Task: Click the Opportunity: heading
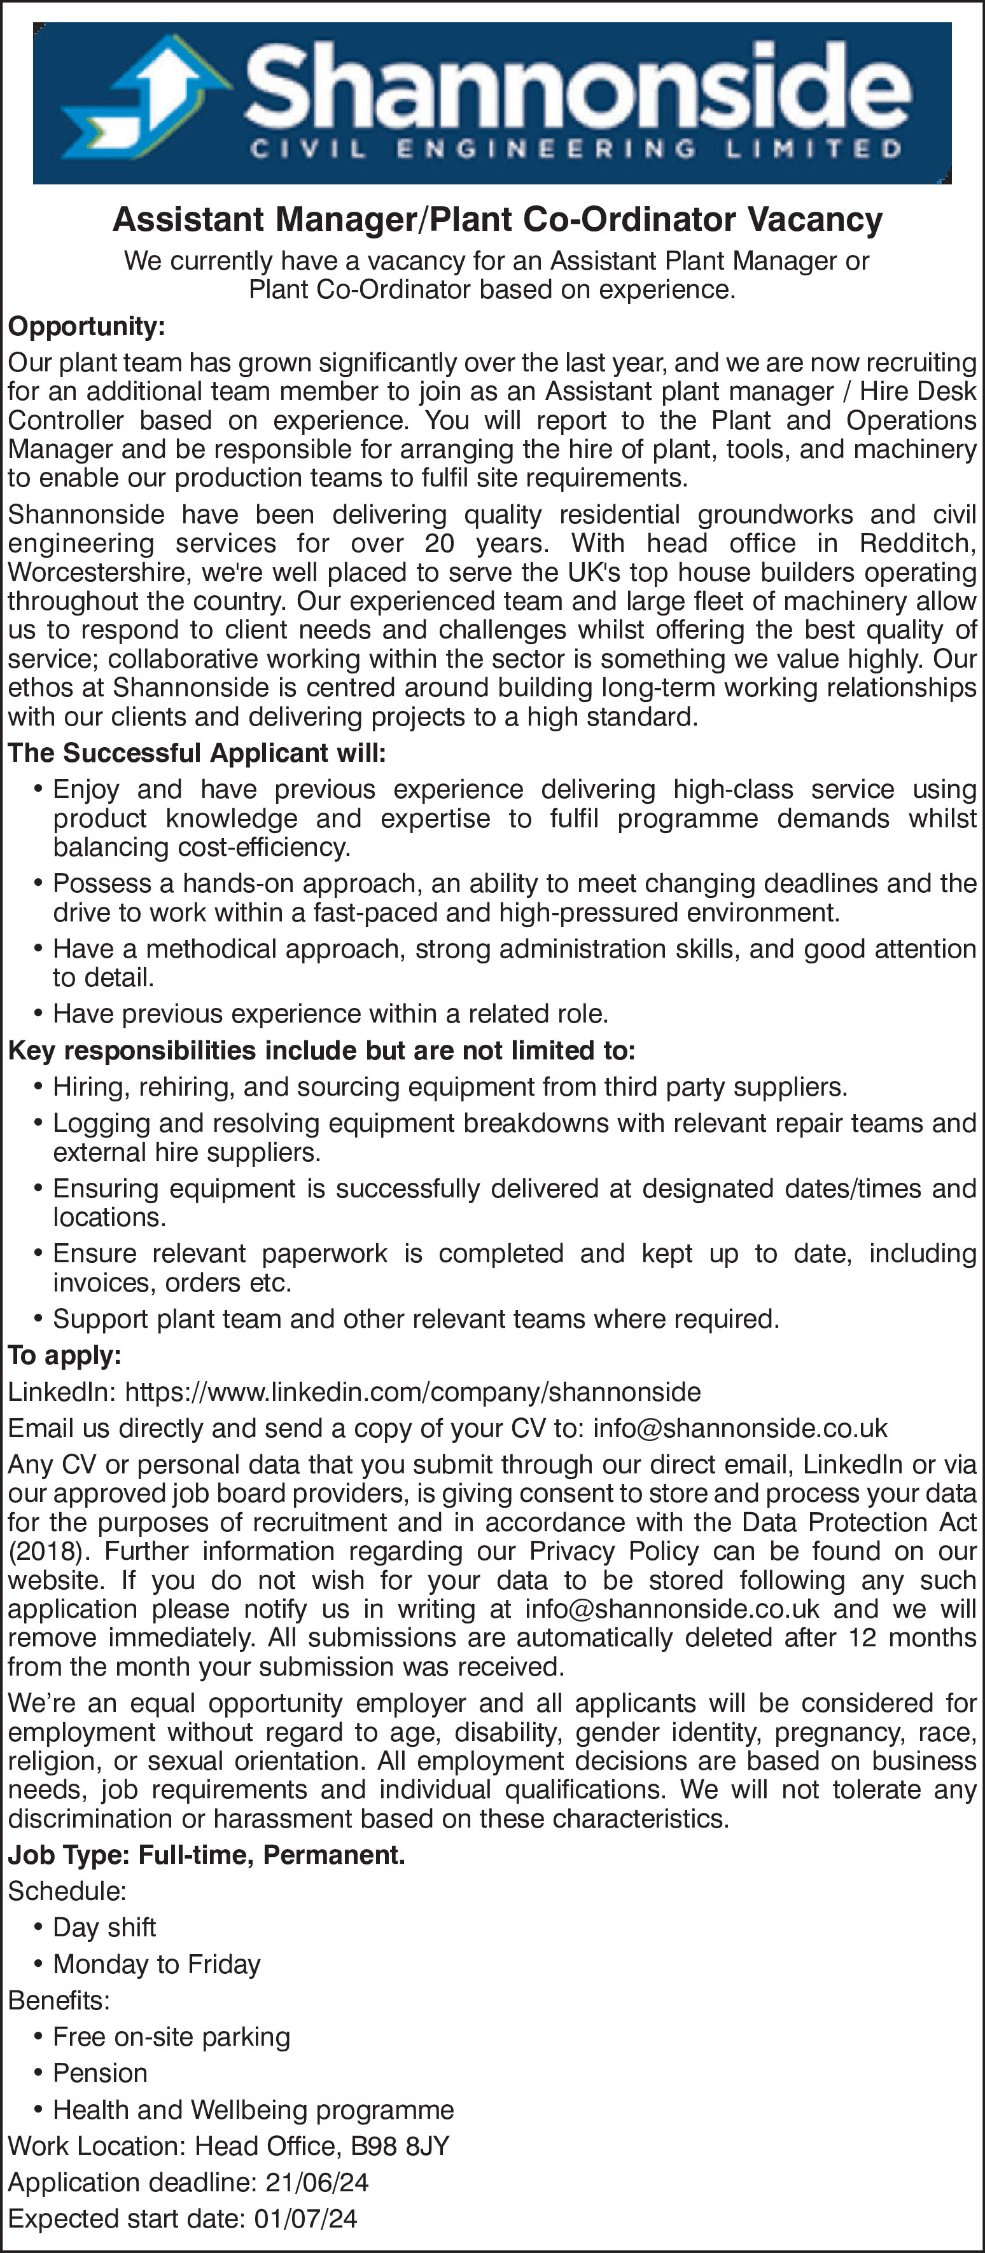[x=87, y=326]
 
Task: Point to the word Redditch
[x=916, y=543]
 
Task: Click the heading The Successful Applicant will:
[x=197, y=753]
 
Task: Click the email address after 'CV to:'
[x=739, y=1428]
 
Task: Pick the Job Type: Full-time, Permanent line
[x=206, y=1854]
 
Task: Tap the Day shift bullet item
[x=104, y=1927]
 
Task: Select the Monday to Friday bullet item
[x=157, y=1964]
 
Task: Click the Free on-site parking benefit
[x=171, y=2036]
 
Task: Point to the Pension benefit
[x=100, y=2073]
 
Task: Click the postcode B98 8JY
[x=400, y=2146]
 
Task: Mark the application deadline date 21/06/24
[x=317, y=2182]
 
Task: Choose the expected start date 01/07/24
[x=305, y=2219]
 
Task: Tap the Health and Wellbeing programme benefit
[x=253, y=2109]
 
